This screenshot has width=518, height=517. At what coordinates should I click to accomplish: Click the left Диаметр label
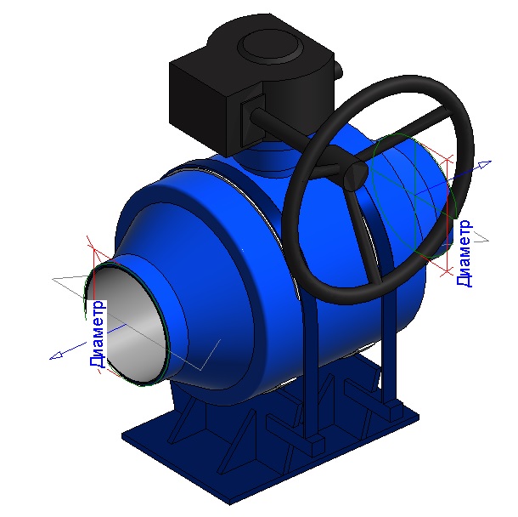(x=98, y=334)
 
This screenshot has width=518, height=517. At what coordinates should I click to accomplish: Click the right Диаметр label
(x=465, y=253)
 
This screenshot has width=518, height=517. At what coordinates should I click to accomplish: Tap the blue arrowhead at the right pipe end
(x=485, y=164)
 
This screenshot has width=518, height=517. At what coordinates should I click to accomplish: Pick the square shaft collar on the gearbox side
(x=253, y=120)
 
